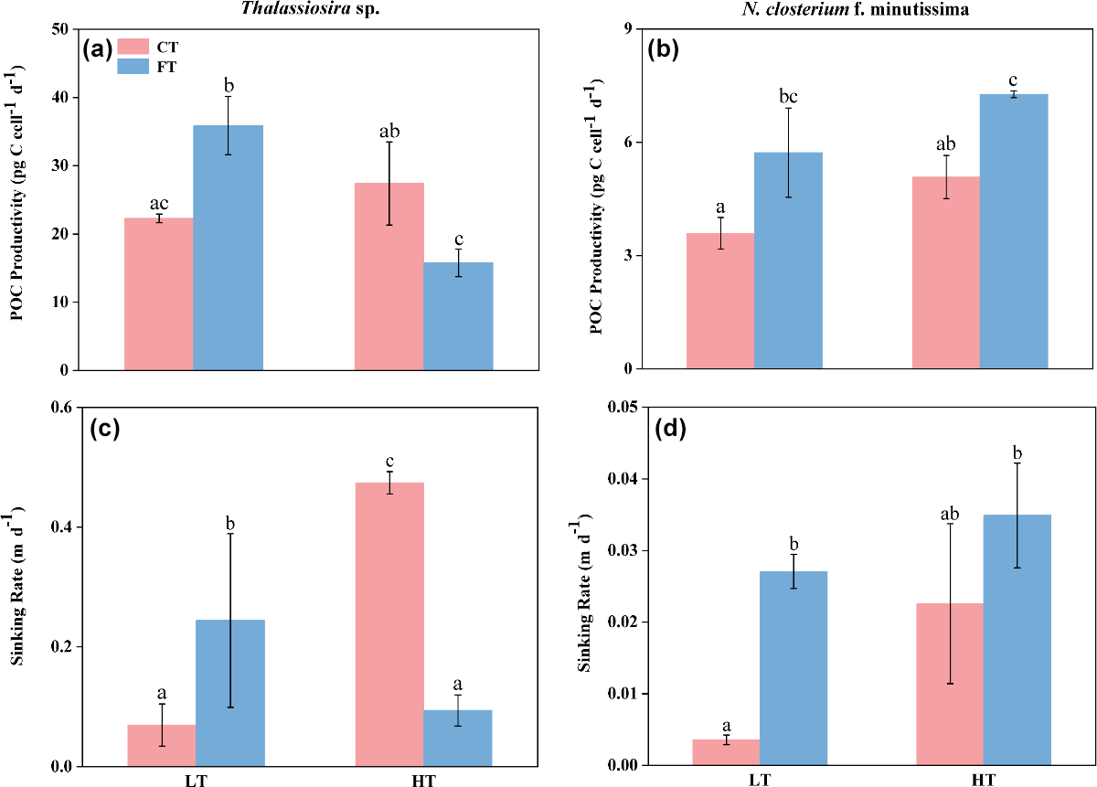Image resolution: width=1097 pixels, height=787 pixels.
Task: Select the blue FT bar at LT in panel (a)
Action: coord(229,247)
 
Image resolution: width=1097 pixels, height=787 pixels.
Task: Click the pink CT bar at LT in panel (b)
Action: coord(720,301)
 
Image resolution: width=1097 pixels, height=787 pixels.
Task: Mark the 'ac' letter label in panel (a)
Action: coord(159,205)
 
